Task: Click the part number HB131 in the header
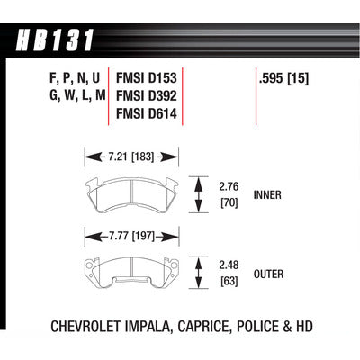point(55,40)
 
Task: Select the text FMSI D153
point(147,78)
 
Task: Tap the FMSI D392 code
point(147,96)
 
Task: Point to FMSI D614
point(147,113)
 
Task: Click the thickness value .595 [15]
point(283,78)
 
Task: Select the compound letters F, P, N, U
point(74,78)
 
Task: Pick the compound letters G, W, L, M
point(77,96)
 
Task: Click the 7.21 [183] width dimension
point(130,157)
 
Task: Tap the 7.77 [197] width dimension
point(131,237)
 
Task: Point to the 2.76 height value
point(229,187)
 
